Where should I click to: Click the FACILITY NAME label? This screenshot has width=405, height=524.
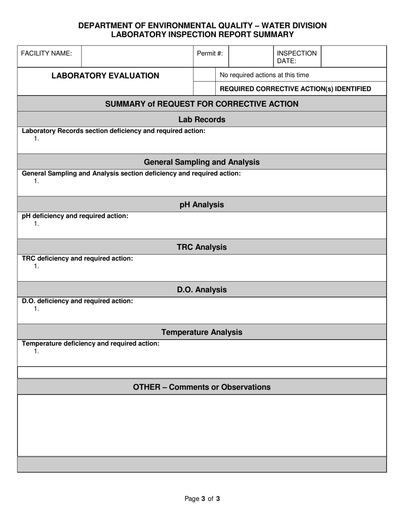point(46,53)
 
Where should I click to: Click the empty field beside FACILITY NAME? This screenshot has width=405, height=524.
point(137,56)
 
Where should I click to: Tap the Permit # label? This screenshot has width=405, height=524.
point(210,53)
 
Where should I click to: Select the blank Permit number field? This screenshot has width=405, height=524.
point(251,56)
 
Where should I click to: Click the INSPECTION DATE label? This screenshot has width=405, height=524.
point(297,57)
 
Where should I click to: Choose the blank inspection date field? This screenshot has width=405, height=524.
point(353,56)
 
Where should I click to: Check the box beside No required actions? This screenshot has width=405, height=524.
point(205,75)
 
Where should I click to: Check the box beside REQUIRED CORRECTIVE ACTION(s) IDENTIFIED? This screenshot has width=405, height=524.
point(205,89)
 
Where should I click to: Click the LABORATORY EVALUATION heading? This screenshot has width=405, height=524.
point(105,76)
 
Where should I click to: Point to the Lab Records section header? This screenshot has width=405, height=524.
point(202,119)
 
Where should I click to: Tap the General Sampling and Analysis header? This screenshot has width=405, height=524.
point(202,162)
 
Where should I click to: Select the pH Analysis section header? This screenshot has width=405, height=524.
point(202,204)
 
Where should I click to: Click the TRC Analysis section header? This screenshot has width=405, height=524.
point(202,247)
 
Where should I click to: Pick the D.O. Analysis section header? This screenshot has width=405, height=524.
point(202,290)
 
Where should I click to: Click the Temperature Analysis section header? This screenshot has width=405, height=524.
point(202,332)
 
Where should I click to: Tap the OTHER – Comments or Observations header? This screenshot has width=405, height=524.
point(202,387)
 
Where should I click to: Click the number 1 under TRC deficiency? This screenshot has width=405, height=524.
point(36,266)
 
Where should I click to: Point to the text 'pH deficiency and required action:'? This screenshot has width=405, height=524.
point(75,216)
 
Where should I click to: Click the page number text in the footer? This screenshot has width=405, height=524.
point(202,498)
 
